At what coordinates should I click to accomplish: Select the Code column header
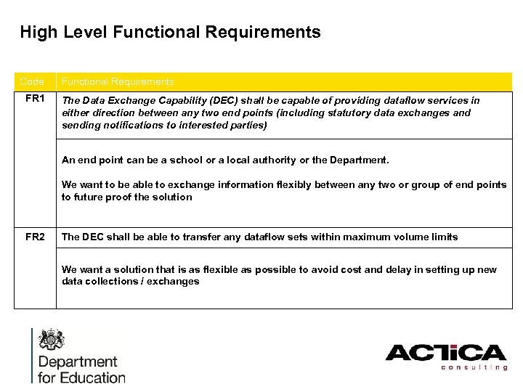click(x=32, y=82)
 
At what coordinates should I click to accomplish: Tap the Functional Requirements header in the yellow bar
click(x=118, y=82)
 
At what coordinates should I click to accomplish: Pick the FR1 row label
click(x=35, y=99)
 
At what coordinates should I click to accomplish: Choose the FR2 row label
click(x=35, y=237)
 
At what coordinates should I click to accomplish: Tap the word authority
click(x=257, y=160)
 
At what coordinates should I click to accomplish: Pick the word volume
click(x=408, y=237)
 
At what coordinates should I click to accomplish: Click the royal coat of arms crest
click(x=52, y=340)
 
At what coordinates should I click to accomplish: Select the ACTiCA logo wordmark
click(x=445, y=354)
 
